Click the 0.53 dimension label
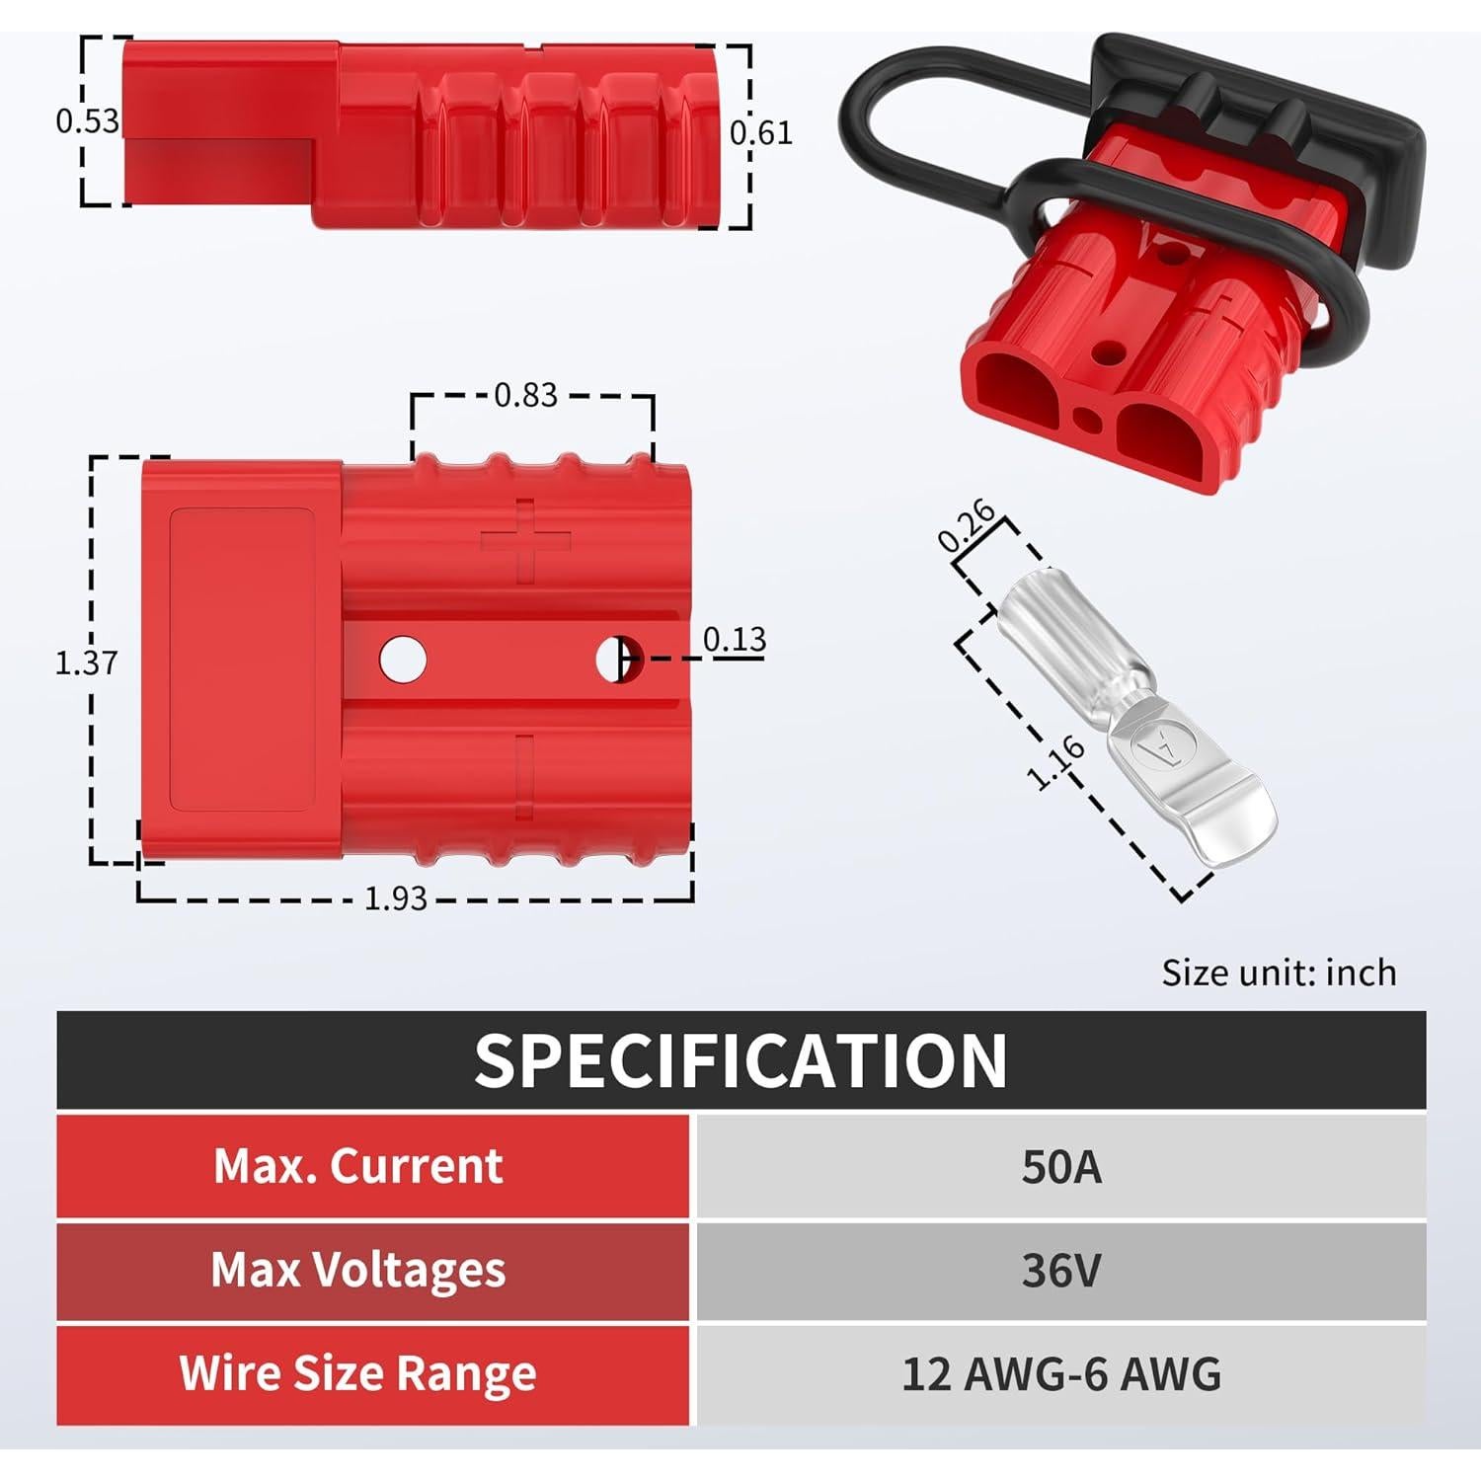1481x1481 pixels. tap(87, 121)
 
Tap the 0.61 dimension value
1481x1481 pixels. tap(760, 132)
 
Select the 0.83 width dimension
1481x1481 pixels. tap(525, 395)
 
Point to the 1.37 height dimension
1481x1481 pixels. tap(86, 663)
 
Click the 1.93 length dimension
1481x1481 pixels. tap(395, 898)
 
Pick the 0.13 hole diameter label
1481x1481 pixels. tap(734, 640)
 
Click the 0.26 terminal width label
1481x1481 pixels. tap(967, 527)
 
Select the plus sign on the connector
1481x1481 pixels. tap(525, 539)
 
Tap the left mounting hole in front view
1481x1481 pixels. tap(402, 660)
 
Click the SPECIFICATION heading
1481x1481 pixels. tap(740, 1060)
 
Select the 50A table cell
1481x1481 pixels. tap(1061, 1167)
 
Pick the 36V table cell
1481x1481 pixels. tap(1061, 1271)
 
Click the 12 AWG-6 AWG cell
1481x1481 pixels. tap(1061, 1374)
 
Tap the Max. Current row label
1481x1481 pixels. tap(358, 1166)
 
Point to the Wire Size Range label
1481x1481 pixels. tap(357, 1374)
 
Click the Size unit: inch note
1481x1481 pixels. tap(1279, 973)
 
